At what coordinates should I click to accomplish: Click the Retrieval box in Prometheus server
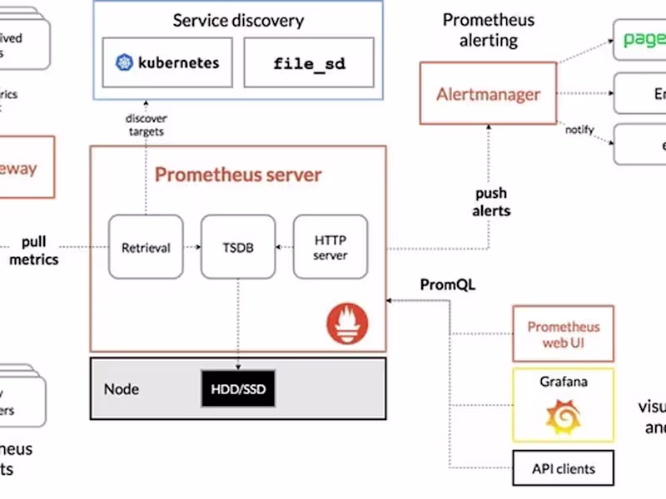point(146,247)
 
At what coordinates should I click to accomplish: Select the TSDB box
point(237,247)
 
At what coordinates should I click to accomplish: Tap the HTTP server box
point(330,247)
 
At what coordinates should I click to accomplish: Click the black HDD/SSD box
point(238,388)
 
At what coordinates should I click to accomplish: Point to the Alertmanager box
point(488,94)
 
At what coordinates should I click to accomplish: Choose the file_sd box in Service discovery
point(309,62)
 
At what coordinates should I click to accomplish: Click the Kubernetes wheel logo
point(125,62)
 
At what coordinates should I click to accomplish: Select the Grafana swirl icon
point(563,416)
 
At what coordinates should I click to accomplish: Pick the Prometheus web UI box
point(564,334)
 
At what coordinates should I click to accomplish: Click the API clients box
point(564,468)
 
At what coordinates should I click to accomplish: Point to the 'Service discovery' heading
point(238,21)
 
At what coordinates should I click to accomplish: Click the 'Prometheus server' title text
point(238,175)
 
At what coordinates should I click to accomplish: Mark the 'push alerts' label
point(491,202)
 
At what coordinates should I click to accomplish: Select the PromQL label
point(448,285)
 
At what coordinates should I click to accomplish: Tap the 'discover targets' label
point(147,125)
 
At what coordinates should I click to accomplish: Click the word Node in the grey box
point(122,389)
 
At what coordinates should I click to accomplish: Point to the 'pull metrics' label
point(34,251)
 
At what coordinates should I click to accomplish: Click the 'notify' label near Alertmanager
point(579,130)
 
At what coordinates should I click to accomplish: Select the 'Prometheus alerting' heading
point(488,29)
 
